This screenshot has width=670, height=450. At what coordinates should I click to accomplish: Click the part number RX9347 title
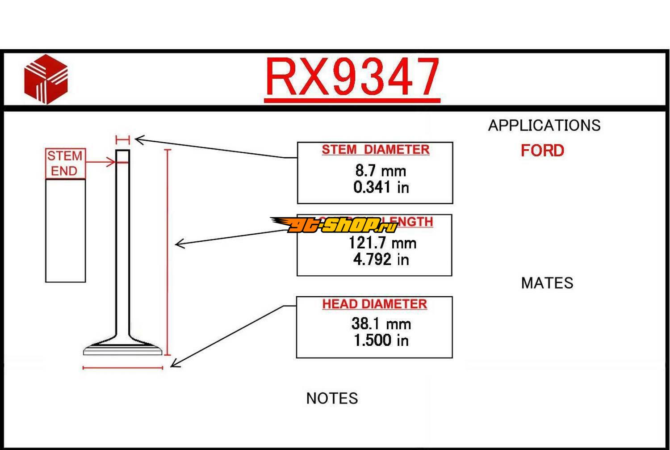pos(352,77)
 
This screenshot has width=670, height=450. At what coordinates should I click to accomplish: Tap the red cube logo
pos(46,79)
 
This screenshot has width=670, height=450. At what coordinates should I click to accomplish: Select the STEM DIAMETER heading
pos(375,150)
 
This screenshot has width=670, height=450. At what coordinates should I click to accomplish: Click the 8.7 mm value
pos(381,170)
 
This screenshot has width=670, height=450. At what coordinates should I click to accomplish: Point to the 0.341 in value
pos(381,187)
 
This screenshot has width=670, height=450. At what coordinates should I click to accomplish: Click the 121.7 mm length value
pos(382,243)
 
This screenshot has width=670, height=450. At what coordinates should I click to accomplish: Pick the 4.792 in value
pos(381,259)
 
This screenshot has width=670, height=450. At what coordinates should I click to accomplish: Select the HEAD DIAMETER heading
pos(374,304)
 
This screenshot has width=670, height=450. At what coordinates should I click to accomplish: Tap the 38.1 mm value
pos(381,324)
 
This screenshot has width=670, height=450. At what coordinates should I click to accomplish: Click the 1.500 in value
pos(381,340)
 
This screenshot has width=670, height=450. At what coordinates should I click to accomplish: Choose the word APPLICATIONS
pos(544,126)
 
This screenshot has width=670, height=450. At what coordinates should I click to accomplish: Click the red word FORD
pos(542,151)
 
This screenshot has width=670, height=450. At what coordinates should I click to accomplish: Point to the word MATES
pos(547,283)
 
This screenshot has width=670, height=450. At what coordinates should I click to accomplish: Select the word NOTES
pos(332,398)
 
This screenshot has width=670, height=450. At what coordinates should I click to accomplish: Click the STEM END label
pos(65,163)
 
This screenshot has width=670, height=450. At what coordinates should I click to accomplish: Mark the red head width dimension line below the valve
pos(123,368)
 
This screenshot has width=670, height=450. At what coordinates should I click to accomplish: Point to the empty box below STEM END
pos(65,231)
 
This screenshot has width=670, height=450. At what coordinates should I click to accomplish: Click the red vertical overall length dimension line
pos(168,252)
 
